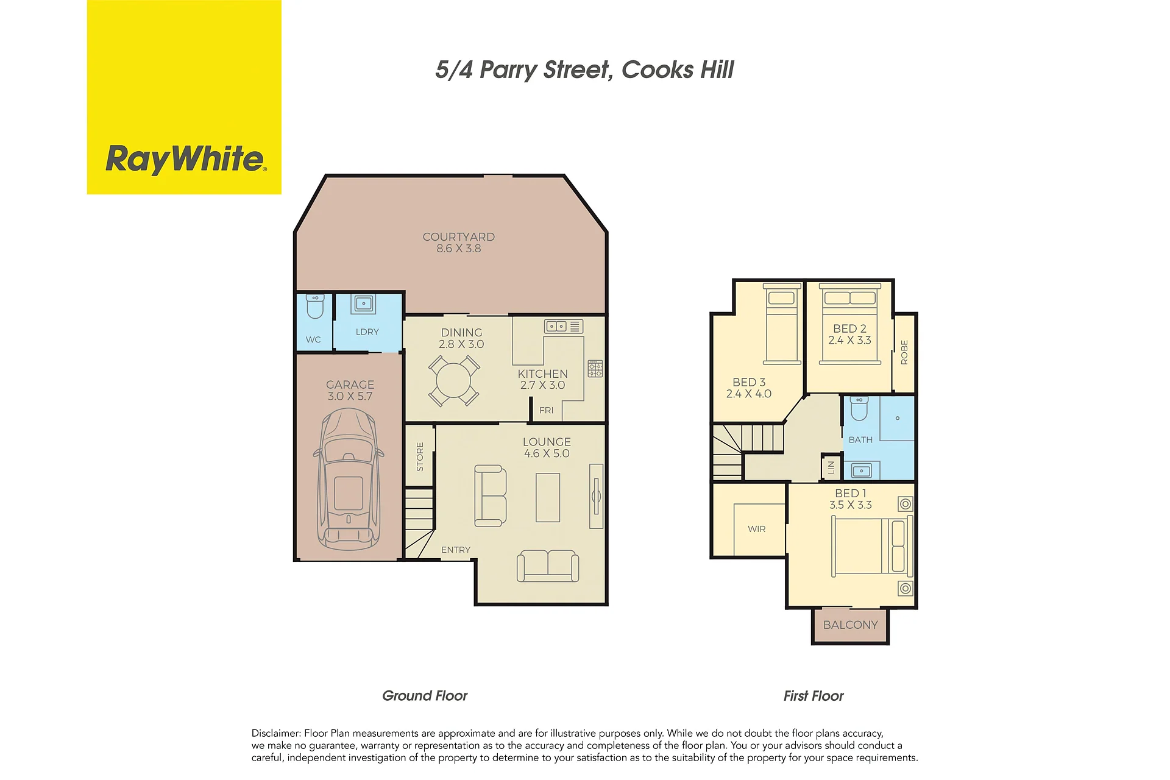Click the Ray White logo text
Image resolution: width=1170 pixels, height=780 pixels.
click(186, 159)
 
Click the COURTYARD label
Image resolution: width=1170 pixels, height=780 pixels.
click(459, 237)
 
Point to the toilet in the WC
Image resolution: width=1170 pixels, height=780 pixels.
click(314, 307)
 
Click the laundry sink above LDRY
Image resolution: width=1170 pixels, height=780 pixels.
click(364, 303)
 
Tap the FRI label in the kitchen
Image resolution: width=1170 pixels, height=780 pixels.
click(547, 411)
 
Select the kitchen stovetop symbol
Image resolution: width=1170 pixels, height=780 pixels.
click(595, 369)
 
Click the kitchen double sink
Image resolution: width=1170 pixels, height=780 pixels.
click(564, 326)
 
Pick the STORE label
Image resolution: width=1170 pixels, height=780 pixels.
click(420, 457)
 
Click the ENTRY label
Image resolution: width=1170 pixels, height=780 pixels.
click(456, 550)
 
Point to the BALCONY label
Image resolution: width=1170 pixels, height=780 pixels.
click(851, 625)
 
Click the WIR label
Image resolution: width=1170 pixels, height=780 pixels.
click(757, 529)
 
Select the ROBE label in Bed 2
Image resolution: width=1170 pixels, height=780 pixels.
click(904, 353)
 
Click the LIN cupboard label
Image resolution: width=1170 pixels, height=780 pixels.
click(831, 467)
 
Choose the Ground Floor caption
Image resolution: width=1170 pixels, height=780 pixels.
click(425, 696)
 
